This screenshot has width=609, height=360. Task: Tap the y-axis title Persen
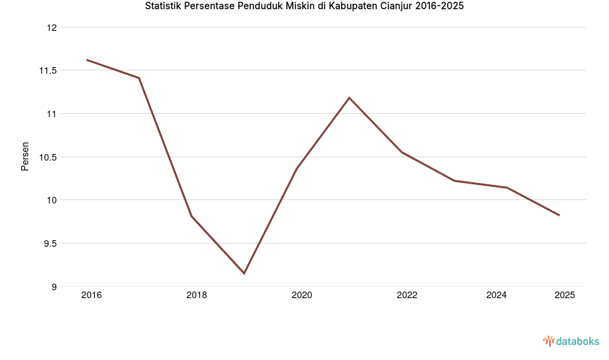tap(25, 156)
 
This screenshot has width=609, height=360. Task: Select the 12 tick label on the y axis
tap(52, 28)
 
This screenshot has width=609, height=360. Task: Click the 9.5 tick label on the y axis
tap(49, 244)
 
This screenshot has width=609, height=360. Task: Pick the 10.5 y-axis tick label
tap(47, 157)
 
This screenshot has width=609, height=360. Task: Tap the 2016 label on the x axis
tap(91, 296)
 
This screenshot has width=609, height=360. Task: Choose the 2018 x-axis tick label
tap(196, 296)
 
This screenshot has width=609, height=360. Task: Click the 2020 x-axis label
tap(302, 296)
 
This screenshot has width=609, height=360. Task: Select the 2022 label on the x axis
tap(407, 296)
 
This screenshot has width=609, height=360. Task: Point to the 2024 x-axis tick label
tap(496, 296)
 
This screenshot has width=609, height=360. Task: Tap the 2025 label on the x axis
tap(564, 296)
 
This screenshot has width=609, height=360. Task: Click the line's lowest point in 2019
tap(244, 273)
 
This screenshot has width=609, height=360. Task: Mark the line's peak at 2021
tap(350, 97)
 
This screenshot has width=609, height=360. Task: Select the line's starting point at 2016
tap(87, 60)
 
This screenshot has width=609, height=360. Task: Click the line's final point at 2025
tap(559, 215)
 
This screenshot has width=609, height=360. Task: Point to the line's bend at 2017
tap(139, 78)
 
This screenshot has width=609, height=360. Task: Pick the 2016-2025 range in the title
tap(440, 7)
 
